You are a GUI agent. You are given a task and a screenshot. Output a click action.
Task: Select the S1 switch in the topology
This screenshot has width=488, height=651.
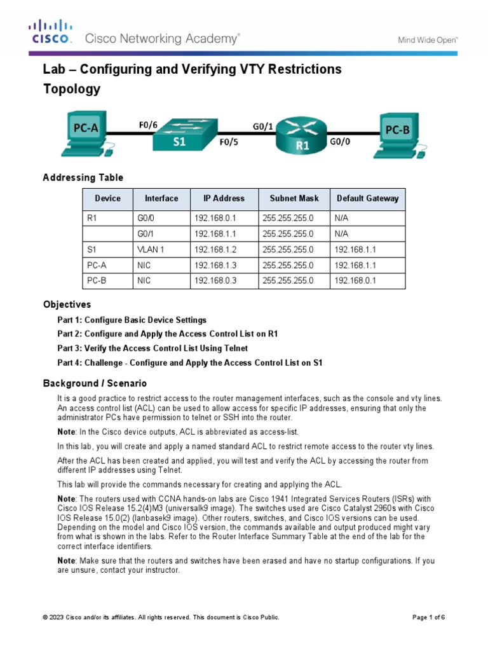180,135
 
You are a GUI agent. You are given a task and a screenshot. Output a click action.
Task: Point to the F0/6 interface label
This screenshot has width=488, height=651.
148,125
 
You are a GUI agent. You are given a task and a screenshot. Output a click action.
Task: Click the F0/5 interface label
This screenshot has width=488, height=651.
229,143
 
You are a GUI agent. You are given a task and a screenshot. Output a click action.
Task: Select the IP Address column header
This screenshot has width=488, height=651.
224,198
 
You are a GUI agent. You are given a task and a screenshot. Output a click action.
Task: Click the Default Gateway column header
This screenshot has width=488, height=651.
368,198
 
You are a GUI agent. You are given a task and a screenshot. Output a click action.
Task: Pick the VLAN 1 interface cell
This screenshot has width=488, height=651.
151,250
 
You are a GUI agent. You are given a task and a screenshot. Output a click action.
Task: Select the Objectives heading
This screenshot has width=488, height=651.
67,305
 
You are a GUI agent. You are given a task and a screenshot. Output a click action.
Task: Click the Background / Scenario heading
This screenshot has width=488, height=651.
95,383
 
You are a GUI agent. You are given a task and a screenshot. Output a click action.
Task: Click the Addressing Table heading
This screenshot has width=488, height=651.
83,177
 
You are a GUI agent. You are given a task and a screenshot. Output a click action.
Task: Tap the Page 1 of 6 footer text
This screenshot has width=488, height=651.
429,617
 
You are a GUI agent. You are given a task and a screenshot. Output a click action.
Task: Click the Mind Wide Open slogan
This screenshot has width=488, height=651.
428,39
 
